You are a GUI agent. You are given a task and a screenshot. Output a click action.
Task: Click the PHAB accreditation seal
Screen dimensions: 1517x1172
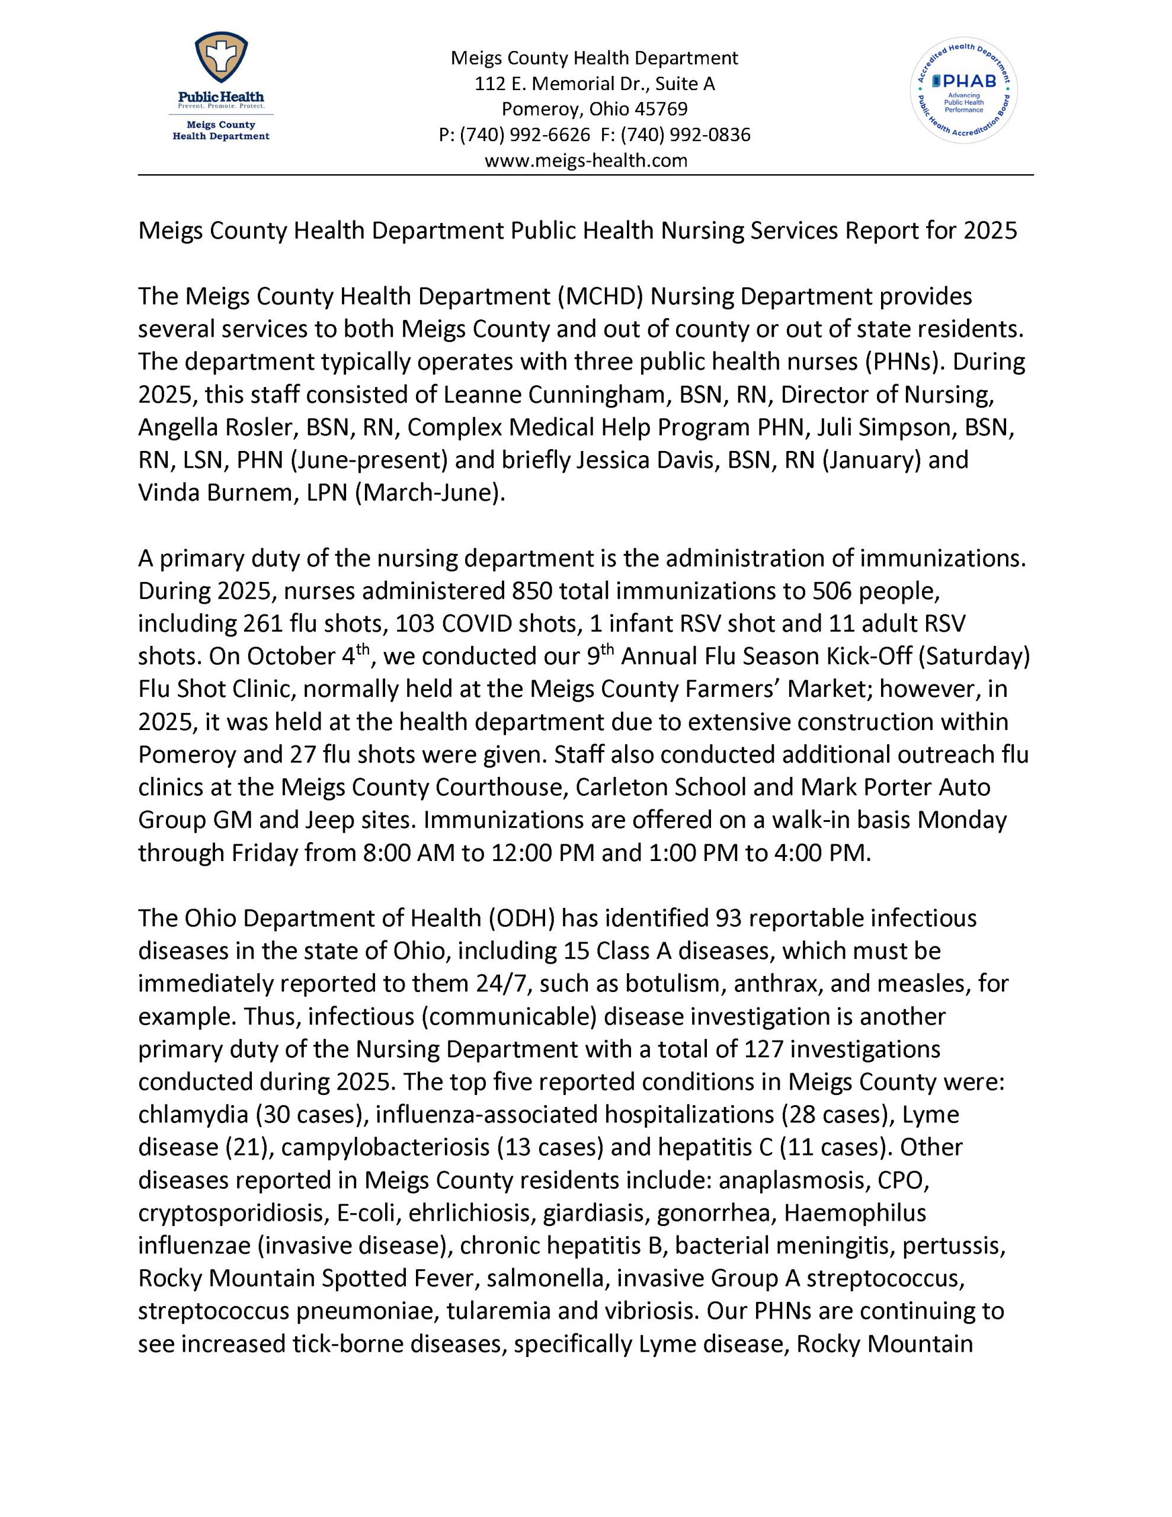(x=963, y=90)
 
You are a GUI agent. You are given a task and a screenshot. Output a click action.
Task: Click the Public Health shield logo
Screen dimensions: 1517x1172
(x=221, y=61)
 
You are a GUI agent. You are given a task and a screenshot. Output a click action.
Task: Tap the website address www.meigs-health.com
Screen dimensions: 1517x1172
(x=585, y=161)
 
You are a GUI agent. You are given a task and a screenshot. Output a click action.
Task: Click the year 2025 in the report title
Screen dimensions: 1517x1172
(x=990, y=230)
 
